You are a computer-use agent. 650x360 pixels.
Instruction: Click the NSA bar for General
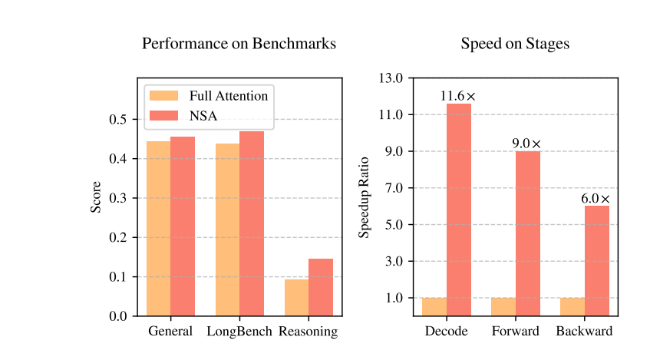coord(183,226)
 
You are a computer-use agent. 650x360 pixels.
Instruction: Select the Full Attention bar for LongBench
coord(227,230)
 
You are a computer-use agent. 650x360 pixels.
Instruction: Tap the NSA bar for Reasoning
coord(321,287)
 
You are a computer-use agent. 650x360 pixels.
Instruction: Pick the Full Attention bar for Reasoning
coord(296,297)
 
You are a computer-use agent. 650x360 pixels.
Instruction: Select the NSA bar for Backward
coord(597,260)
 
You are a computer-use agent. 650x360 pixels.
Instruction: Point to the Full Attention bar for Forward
coord(503,306)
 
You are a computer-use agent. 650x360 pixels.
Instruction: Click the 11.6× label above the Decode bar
coord(458,97)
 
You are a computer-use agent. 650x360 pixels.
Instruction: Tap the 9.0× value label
coord(527,144)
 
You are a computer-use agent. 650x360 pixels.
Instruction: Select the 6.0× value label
coord(596,199)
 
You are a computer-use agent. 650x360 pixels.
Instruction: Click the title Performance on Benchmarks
coord(239,44)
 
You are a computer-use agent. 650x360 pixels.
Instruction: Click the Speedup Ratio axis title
coord(365,197)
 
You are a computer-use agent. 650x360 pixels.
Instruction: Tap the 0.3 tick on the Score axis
coord(120,198)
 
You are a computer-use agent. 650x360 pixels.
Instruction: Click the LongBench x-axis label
coord(239,332)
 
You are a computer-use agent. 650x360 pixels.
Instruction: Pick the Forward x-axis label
coord(515,332)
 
